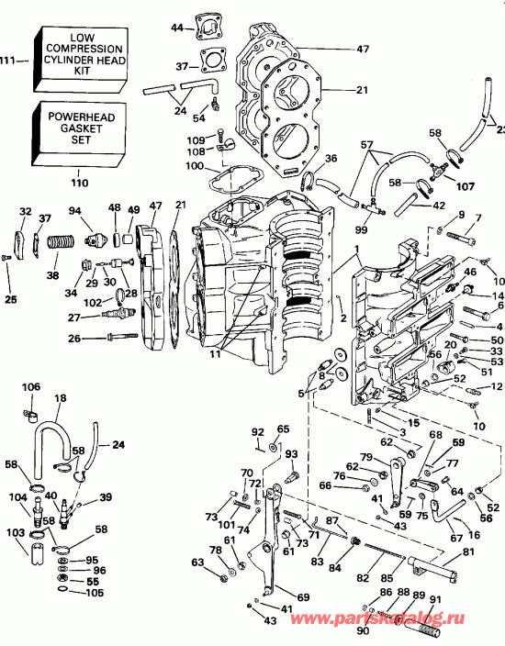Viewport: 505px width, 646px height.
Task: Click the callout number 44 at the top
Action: click(x=177, y=28)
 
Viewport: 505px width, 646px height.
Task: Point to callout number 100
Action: click(x=194, y=165)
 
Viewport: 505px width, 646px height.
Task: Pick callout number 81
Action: click(x=468, y=552)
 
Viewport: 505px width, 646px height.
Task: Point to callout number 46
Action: click(x=470, y=272)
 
